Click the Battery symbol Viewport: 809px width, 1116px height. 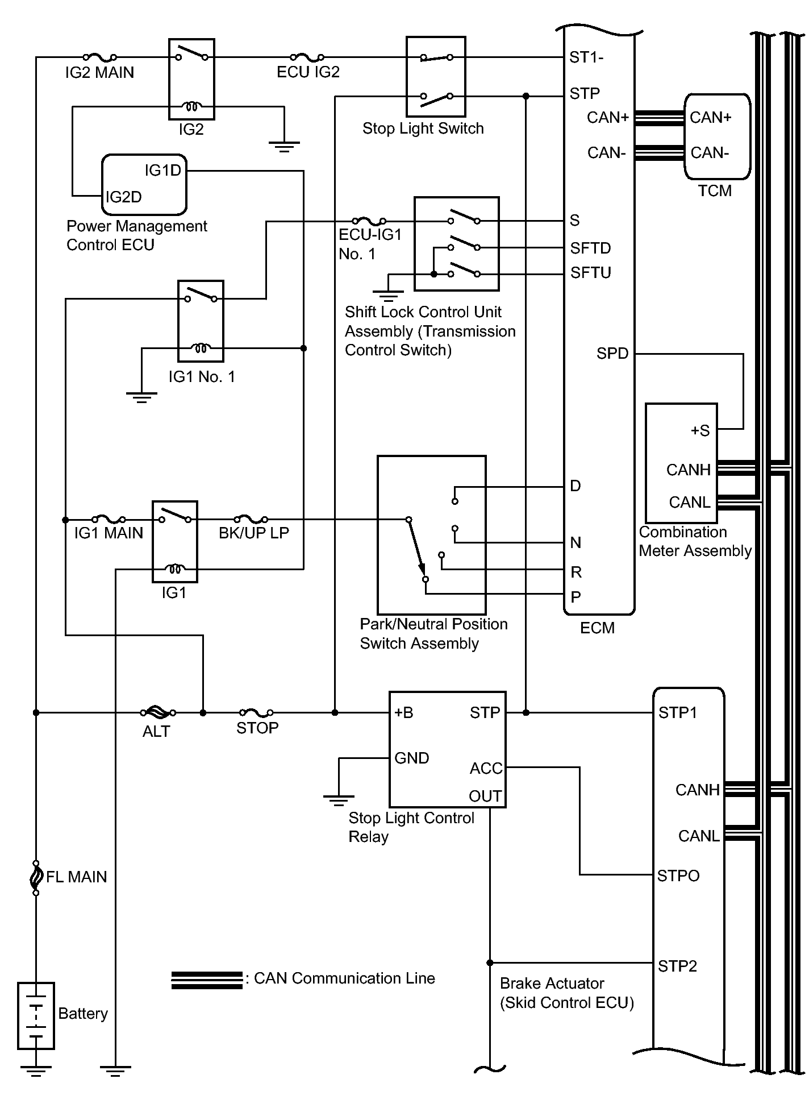click(x=36, y=1015)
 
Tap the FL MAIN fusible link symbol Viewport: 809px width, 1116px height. click(x=36, y=877)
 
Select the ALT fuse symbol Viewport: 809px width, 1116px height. click(x=157, y=712)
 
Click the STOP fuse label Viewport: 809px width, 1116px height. click(x=257, y=728)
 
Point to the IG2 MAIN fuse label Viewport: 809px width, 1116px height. click(x=99, y=73)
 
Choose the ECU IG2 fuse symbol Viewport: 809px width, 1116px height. click(x=307, y=57)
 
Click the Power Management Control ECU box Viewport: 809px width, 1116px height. click(x=144, y=185)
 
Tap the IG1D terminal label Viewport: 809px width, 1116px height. click(x=163, y=170)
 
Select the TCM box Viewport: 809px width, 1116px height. click(x=717, y=136)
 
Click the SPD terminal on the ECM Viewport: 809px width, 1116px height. click(x=612, y=354)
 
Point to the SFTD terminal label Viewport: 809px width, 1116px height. click(x=591, y=248)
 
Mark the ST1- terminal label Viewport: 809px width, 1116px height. click(x=586, y=57)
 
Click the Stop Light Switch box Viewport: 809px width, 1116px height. click(x=436, y=77)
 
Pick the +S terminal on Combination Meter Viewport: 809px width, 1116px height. click(x=700, y=431)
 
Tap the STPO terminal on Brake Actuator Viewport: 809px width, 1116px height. click(x=678, y=876)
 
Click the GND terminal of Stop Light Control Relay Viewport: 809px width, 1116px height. click(x=412, y=758)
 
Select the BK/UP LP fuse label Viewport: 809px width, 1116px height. click(x=254, y=533)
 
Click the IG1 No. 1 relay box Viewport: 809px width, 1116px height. click(x=201, y=321)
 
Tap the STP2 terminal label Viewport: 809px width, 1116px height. click(x=677, y=966)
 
